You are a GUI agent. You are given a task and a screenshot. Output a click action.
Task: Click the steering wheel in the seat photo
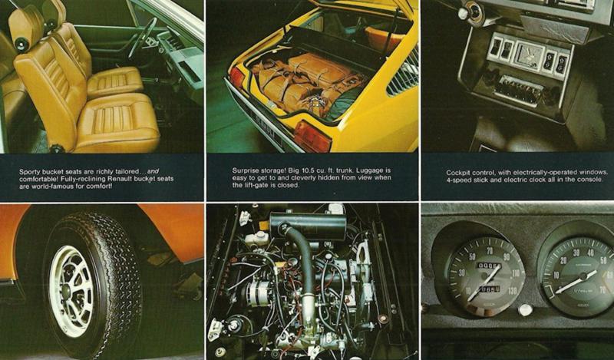click(142, 37)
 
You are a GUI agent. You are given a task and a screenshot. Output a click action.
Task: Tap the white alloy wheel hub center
click(67, 292)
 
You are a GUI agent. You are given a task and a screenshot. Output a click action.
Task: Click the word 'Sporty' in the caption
click(29, 172)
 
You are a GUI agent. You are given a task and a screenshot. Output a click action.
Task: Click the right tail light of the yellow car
click(312, 137)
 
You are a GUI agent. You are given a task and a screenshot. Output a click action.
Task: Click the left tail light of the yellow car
click(236, 78)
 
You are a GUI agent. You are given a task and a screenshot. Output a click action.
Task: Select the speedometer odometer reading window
click(488, 266)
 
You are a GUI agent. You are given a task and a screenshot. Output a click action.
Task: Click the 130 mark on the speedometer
click(512, 290)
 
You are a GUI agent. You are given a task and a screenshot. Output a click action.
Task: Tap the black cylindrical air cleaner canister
click(309, 224)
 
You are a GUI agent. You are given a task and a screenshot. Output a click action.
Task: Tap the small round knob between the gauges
click(525, 310)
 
